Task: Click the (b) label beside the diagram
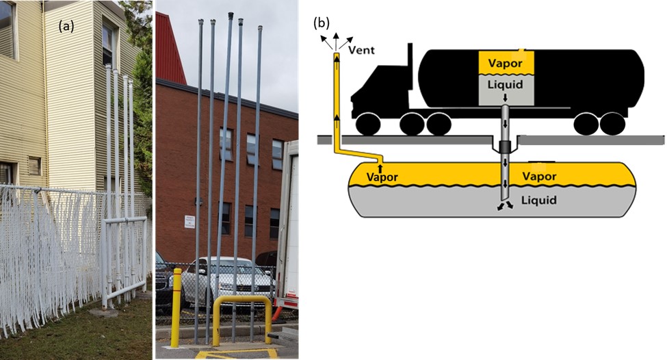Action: tap(322, 23)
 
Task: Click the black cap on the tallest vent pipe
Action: tap(231, 14)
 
